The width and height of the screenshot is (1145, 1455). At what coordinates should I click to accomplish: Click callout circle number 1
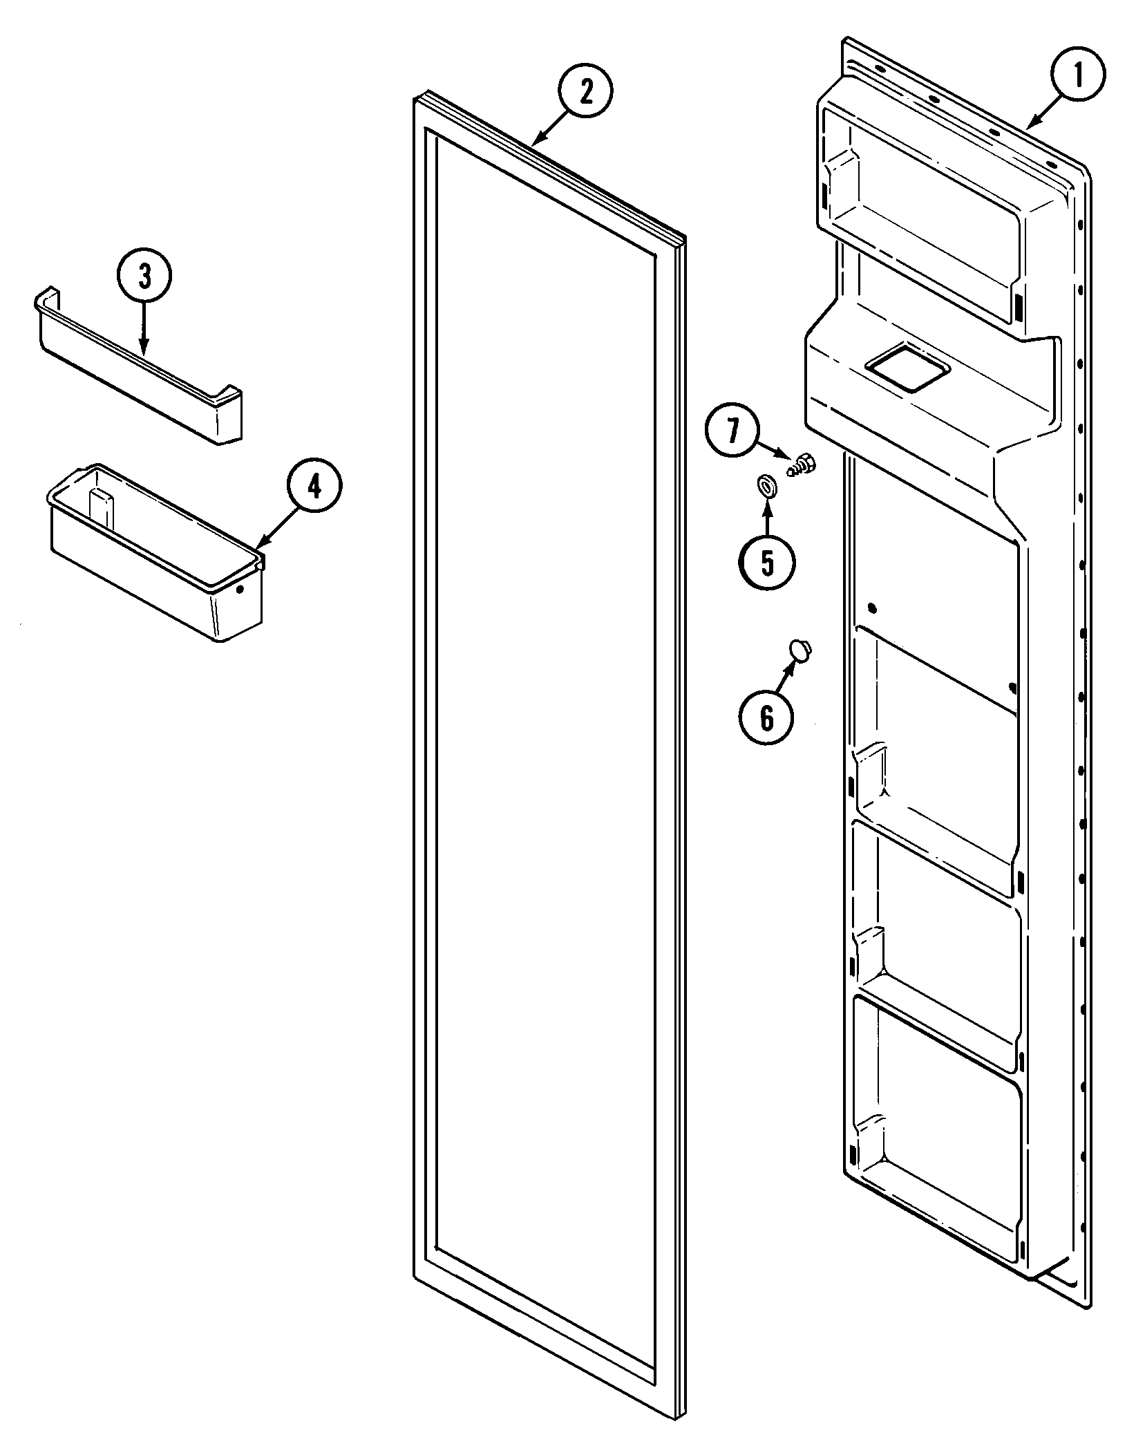[1078, 74]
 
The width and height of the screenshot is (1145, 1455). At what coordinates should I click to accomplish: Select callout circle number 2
[586, 93]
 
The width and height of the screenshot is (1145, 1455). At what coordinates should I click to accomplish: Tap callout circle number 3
[144, 276]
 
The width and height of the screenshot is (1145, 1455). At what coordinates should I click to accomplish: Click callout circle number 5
[767, 563]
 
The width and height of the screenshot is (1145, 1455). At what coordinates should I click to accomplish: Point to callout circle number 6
[766, 718]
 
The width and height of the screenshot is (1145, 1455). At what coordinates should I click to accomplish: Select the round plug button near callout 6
[801, 650]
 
